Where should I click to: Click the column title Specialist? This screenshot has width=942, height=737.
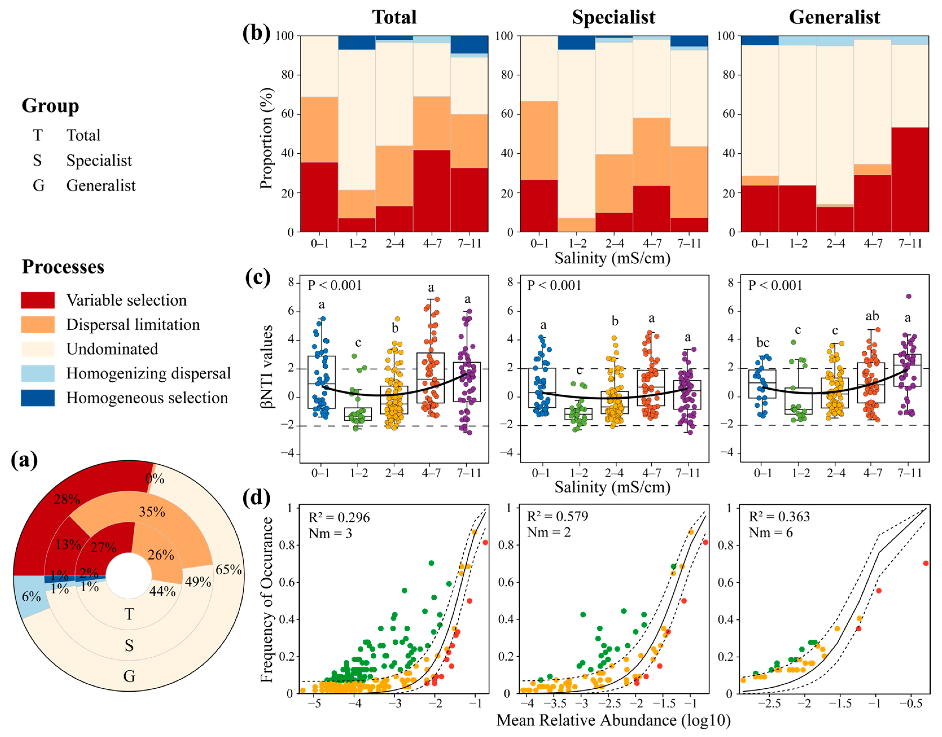pos(613,17)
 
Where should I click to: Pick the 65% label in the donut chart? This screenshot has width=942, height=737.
pos(229,570)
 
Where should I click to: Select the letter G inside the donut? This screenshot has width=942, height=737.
pos(129,676)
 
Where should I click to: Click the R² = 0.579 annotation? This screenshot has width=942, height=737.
pos(557,517)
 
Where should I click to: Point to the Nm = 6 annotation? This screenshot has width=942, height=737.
pos(770,533)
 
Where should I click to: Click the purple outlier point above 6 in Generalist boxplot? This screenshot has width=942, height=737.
pos(908,296)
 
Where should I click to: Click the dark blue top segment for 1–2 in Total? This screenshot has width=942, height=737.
pos(357,43)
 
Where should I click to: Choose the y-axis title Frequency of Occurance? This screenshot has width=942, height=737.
pos(267,600)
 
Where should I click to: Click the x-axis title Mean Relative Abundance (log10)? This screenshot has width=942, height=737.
pos(613,720)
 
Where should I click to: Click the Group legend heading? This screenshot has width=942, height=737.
pos(50,106)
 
